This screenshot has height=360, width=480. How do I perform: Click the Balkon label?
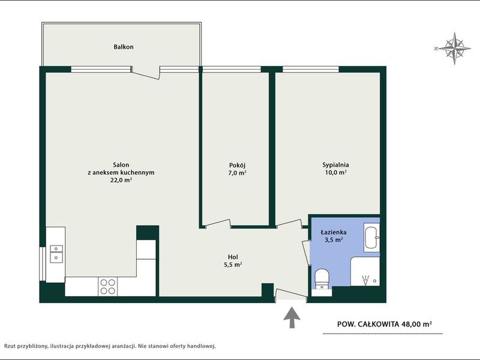[x=124, y=47]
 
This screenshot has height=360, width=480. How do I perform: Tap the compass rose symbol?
[x=454, y=49]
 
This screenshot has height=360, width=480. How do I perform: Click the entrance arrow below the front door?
[x=292, y=317]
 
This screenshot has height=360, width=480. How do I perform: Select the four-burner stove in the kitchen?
[x=108, y=287]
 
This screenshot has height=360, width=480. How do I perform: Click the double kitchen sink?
[x=56, y=254]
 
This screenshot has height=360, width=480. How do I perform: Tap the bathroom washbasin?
[x=372, y=238]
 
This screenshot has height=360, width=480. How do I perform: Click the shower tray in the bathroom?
[x=365, y=272]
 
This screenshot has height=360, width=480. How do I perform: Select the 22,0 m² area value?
[x=121, y=180]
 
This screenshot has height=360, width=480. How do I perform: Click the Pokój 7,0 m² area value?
[x=238, y=173]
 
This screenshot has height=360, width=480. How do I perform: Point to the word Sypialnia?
[x=335, y=165]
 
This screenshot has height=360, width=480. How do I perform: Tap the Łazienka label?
[x=334, y=232]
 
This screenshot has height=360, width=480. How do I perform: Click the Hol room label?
[x=233, y=257]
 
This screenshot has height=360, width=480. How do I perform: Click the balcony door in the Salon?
[x=146, y=73]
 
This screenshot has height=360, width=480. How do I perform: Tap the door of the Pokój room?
[x=218, y=224]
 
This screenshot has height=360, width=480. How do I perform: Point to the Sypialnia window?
[x=311, y=70]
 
